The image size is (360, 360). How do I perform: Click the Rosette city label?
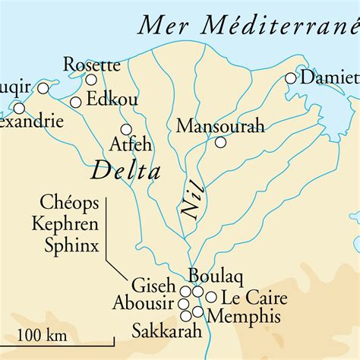[x=91, y=64]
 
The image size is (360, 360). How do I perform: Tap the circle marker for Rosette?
[x=91, y=80]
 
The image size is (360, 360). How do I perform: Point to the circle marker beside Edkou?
[x=75, y=103]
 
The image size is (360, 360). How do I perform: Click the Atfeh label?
[x=131, y=144]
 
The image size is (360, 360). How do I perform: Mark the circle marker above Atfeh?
[x=126, y=129]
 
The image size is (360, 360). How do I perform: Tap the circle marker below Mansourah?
[x=220, y=142]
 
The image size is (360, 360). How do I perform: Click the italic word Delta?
[x=125, y=171]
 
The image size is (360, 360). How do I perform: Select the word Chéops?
[x=70, y=204]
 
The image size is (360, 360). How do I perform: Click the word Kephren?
[x=66, y=223]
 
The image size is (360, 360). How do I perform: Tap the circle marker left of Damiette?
[x=291, y=77]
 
